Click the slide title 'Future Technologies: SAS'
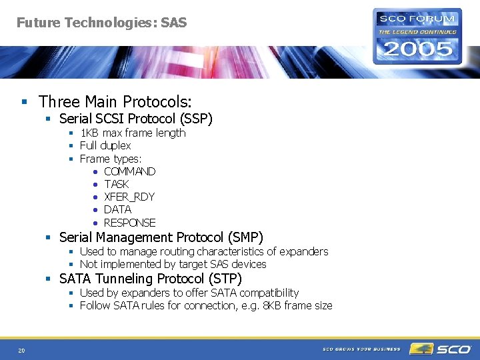101,23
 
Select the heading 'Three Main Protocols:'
115,102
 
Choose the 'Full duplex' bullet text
105,145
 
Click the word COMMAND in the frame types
129,171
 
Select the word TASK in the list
117,184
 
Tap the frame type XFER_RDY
129,197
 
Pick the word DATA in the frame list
117,209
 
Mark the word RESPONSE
129,223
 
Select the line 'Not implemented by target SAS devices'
173,264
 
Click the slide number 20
21,350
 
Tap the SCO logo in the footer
441,349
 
